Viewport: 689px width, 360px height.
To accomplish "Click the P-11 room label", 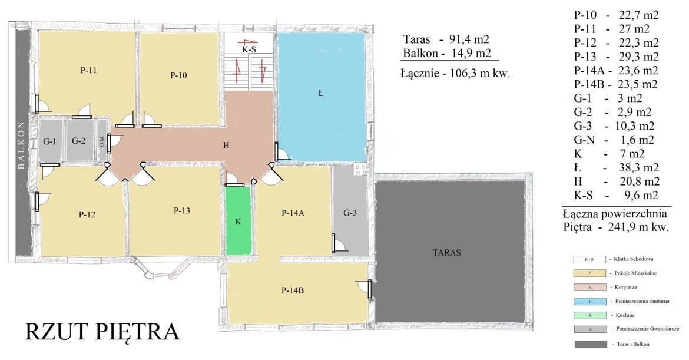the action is (89, 70).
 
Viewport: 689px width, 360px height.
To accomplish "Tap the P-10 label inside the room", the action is (178, 75).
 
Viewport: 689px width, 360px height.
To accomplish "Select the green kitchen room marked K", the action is (238, 221).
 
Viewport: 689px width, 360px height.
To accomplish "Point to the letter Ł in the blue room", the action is (321, 93).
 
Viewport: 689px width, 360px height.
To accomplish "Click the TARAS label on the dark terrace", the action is (447, 253).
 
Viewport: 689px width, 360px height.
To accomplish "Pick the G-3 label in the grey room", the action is (350, 213).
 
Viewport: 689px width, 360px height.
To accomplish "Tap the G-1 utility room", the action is (49, 140).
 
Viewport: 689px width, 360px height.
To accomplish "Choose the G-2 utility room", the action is (79, 140).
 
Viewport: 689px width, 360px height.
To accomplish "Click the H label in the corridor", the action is (226, 146).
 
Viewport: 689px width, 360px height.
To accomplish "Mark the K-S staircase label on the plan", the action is (249, 49).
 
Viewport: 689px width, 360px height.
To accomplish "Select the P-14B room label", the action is (292, 290).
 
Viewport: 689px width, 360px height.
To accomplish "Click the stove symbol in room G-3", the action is (360, 170).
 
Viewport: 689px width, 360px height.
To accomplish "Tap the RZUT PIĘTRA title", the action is (102, 332).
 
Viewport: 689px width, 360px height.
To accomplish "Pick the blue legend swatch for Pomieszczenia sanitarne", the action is (589, 302).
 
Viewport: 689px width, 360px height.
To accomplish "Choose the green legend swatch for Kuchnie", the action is (589, 315).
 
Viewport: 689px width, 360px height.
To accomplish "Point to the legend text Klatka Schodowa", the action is (633, 259).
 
